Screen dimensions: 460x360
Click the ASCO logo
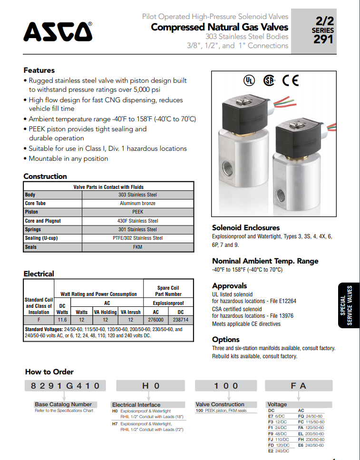click(58, 31)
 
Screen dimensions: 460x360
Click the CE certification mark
click(291, 81)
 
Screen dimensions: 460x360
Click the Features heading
click(39, 70)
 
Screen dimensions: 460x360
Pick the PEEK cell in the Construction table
click(137, 212)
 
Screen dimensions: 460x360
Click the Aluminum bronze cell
click(137, 204)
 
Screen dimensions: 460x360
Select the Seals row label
click(31, 247)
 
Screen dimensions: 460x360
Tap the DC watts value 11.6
click(62, 320)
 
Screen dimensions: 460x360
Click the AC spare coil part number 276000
click(156, 320)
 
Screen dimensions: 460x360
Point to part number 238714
click(181, 320)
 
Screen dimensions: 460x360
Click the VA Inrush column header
click(131, 312)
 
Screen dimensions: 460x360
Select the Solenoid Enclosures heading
click(245, 227)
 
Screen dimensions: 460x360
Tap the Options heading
click(225, 339)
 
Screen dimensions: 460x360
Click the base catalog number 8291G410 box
click(65, 386)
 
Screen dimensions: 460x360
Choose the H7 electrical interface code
click(115, 423)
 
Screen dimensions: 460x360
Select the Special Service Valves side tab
click(349, 305)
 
